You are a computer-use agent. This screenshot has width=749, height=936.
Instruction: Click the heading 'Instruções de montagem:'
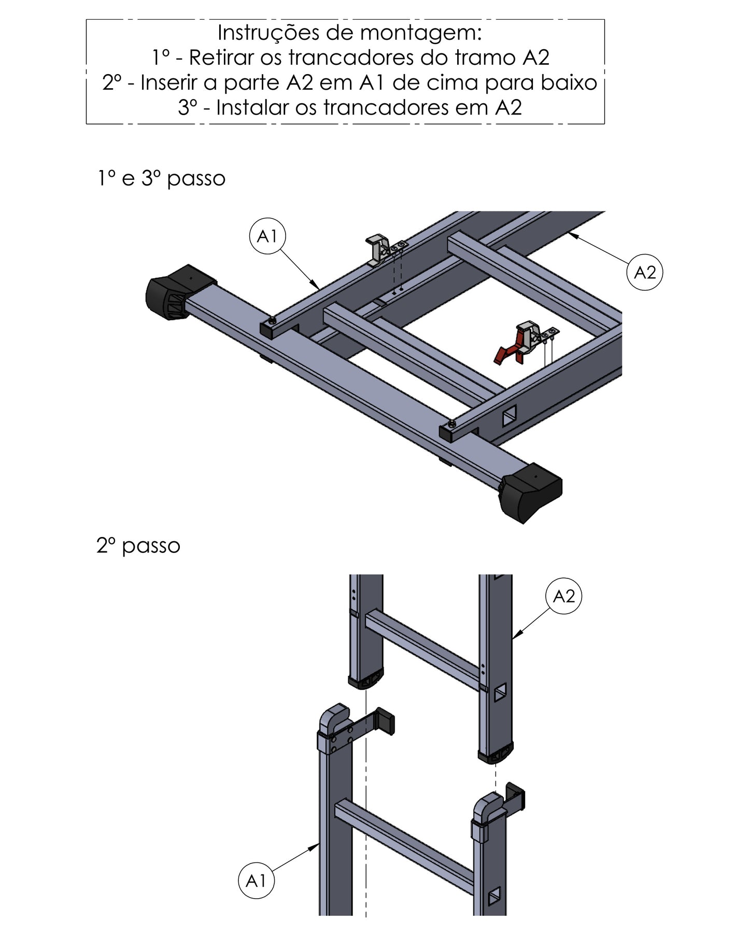pos(350,33)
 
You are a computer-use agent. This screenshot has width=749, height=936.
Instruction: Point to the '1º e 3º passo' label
pos(162,179)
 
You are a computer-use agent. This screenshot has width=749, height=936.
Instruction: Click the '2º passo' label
pos(138,546)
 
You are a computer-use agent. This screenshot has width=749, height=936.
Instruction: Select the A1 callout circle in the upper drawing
pos(267,237)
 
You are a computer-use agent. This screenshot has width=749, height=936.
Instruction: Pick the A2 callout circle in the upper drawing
pos(645,272)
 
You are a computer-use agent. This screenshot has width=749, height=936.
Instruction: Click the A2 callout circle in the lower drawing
pos(564,597)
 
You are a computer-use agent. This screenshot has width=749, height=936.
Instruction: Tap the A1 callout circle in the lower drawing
pos(256,881)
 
